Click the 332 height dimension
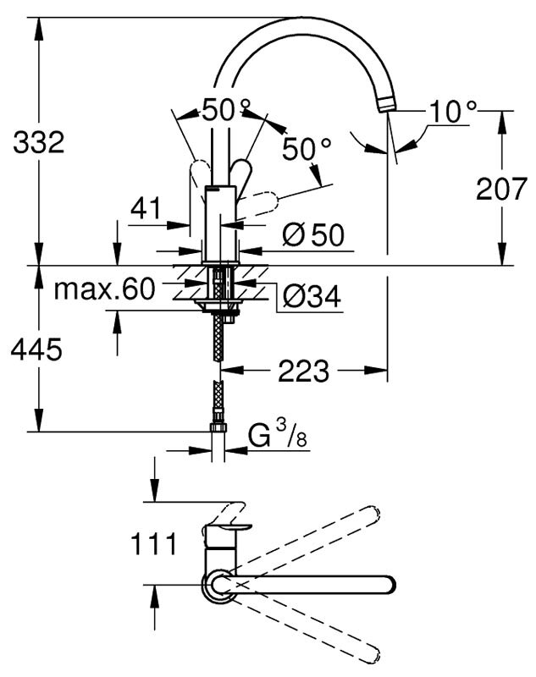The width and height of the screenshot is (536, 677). point(39,142)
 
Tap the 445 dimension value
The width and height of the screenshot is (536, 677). point(36,349)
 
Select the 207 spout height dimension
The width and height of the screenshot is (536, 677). point(501,188)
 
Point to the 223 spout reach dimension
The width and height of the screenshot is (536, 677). point(303,371)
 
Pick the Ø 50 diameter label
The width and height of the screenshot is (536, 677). point(313,235)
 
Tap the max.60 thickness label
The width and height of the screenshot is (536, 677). point(104,289)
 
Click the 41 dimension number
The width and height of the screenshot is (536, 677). point(146,208)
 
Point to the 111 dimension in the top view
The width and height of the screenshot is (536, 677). point(154,543)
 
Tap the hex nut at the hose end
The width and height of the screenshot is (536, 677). point(218,427)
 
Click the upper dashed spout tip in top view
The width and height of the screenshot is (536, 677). point(373,513)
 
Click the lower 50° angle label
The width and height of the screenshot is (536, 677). point(307,149)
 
